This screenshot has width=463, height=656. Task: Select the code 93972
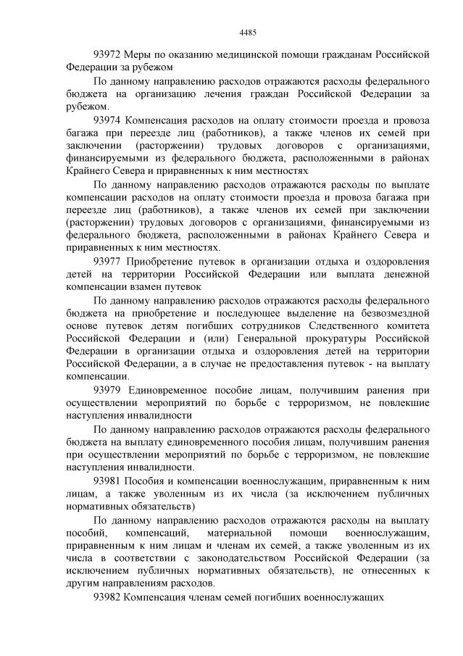tap(108, 54)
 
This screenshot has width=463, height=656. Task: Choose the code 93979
tap(108, 390)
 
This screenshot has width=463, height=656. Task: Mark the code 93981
tap(108, 481)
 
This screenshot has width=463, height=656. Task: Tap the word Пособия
tap(146, 481)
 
